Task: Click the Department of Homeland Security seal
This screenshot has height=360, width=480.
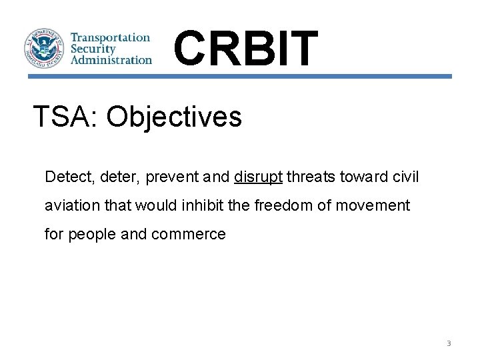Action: [45, 49]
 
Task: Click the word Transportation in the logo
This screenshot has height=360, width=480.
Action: [111, 38]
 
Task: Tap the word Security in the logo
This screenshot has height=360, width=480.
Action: [93, 49]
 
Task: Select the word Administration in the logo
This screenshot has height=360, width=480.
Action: [111, 59]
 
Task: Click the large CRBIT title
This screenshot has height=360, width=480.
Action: [245, 49]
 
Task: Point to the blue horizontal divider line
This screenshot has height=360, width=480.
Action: [240, 77]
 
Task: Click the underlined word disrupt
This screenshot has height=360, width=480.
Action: [258, 177]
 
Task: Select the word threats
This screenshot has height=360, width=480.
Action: [309, 177]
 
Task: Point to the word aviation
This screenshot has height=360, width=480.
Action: [68, 205]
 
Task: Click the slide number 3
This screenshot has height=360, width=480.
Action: [448, 343]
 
